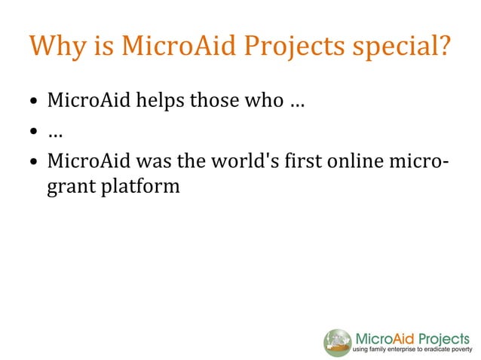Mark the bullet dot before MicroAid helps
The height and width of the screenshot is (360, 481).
click(x=35, y=102)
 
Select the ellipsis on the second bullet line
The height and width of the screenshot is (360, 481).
click(x=54, y=135)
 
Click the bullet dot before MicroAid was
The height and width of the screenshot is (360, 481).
click(x=35, y=162)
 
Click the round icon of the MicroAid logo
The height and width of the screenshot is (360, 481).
click(x=338, y=343)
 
